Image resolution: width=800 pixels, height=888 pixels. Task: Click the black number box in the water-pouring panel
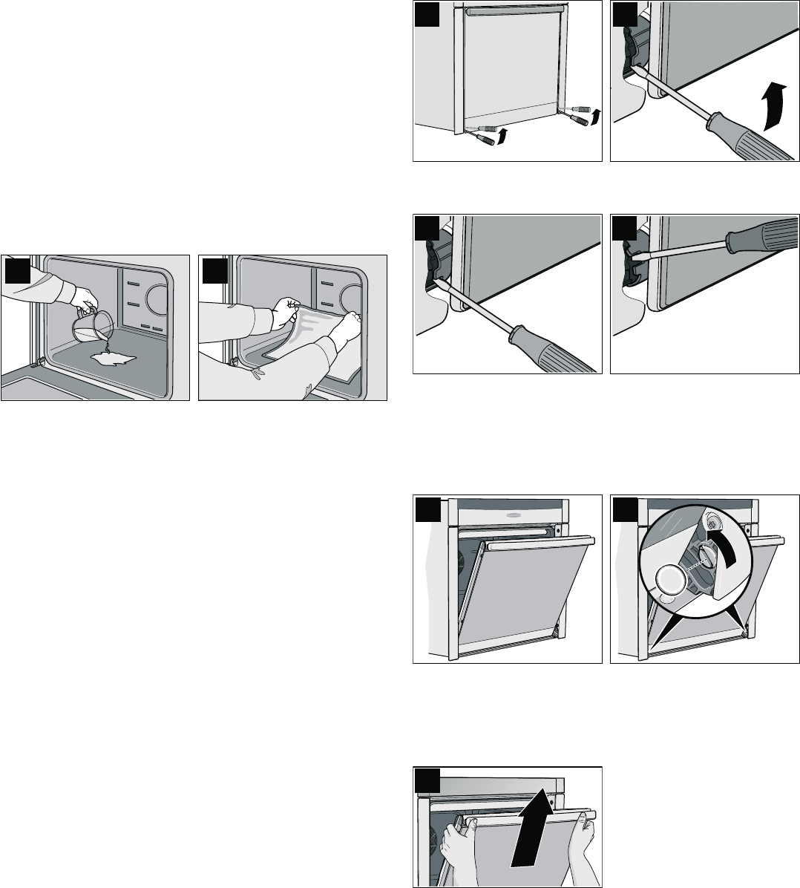[x=16, y=270]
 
